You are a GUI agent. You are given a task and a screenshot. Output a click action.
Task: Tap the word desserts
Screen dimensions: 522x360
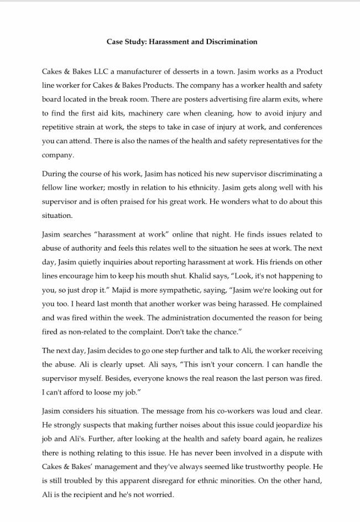tap(173, 71)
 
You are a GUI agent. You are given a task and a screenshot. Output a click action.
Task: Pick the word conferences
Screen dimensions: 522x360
tap(299, 127)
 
